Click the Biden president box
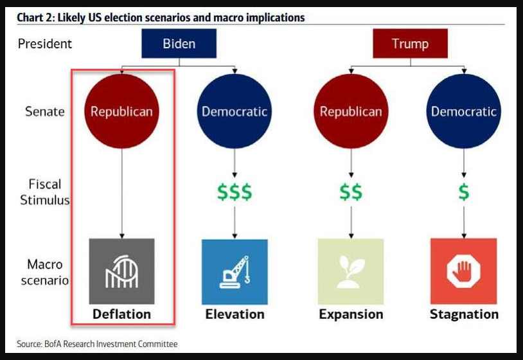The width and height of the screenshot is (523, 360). (179, 44)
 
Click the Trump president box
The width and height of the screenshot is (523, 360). (410, 44)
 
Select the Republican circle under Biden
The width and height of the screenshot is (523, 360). (121, 111)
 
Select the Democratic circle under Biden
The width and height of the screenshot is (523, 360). (235, 111)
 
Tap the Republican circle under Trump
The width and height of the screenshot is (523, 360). (351, 111)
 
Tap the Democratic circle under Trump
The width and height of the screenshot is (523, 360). (464, 111)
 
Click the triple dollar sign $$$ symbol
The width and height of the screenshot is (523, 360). (235, 192)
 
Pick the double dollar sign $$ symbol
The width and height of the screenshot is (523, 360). (351, 192)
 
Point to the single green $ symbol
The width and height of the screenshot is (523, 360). (464, 192)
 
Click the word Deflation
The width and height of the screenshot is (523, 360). (121, 314)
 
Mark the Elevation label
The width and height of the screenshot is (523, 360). (235, 314)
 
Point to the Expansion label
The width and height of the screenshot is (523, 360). (351, 314)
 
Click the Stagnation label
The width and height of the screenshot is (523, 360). (464, 314)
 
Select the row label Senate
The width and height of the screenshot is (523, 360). (45, 111)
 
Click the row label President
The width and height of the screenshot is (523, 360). (45, 44)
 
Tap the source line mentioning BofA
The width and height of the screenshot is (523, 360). (97, 344)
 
